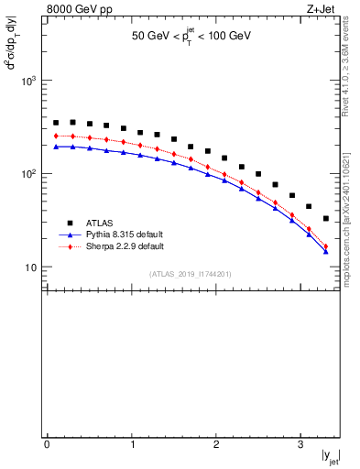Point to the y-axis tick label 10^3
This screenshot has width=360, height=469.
pos(28,81)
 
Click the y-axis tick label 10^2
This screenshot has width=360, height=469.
pos(28,174)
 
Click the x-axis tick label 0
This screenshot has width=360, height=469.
pos(47,444)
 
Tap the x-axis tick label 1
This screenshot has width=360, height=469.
pos(132,444)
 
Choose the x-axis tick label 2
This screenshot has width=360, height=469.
pos(216,444)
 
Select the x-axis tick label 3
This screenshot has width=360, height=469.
pos(300,444)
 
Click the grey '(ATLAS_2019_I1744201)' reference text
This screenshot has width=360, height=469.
pos(191,273)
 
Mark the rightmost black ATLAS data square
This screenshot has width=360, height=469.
pos(325,219)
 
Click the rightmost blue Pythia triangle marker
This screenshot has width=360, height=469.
pos(325,251)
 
